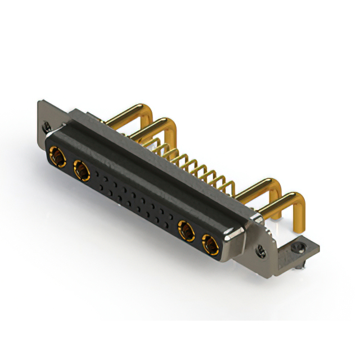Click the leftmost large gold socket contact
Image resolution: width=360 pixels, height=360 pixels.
point(57,155)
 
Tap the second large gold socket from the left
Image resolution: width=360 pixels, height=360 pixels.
point(81,168)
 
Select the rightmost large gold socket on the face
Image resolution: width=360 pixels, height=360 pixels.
point(209,244)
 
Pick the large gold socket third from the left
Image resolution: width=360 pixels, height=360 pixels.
point(185,229)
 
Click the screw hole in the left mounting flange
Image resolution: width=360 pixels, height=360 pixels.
point(47,127)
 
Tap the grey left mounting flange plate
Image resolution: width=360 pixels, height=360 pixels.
point(45,118)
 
